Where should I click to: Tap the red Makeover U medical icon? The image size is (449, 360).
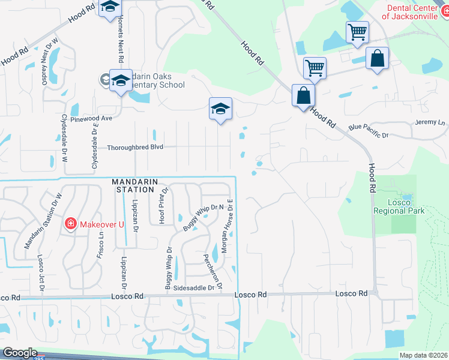point(71,224)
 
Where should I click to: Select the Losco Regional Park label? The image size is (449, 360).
point(399,206)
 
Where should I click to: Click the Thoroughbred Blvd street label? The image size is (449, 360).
point(135,147)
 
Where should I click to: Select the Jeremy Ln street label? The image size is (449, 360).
point(430,122)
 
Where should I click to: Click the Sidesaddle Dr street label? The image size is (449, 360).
point(193,288)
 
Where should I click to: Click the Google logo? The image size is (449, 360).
point(20,353)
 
